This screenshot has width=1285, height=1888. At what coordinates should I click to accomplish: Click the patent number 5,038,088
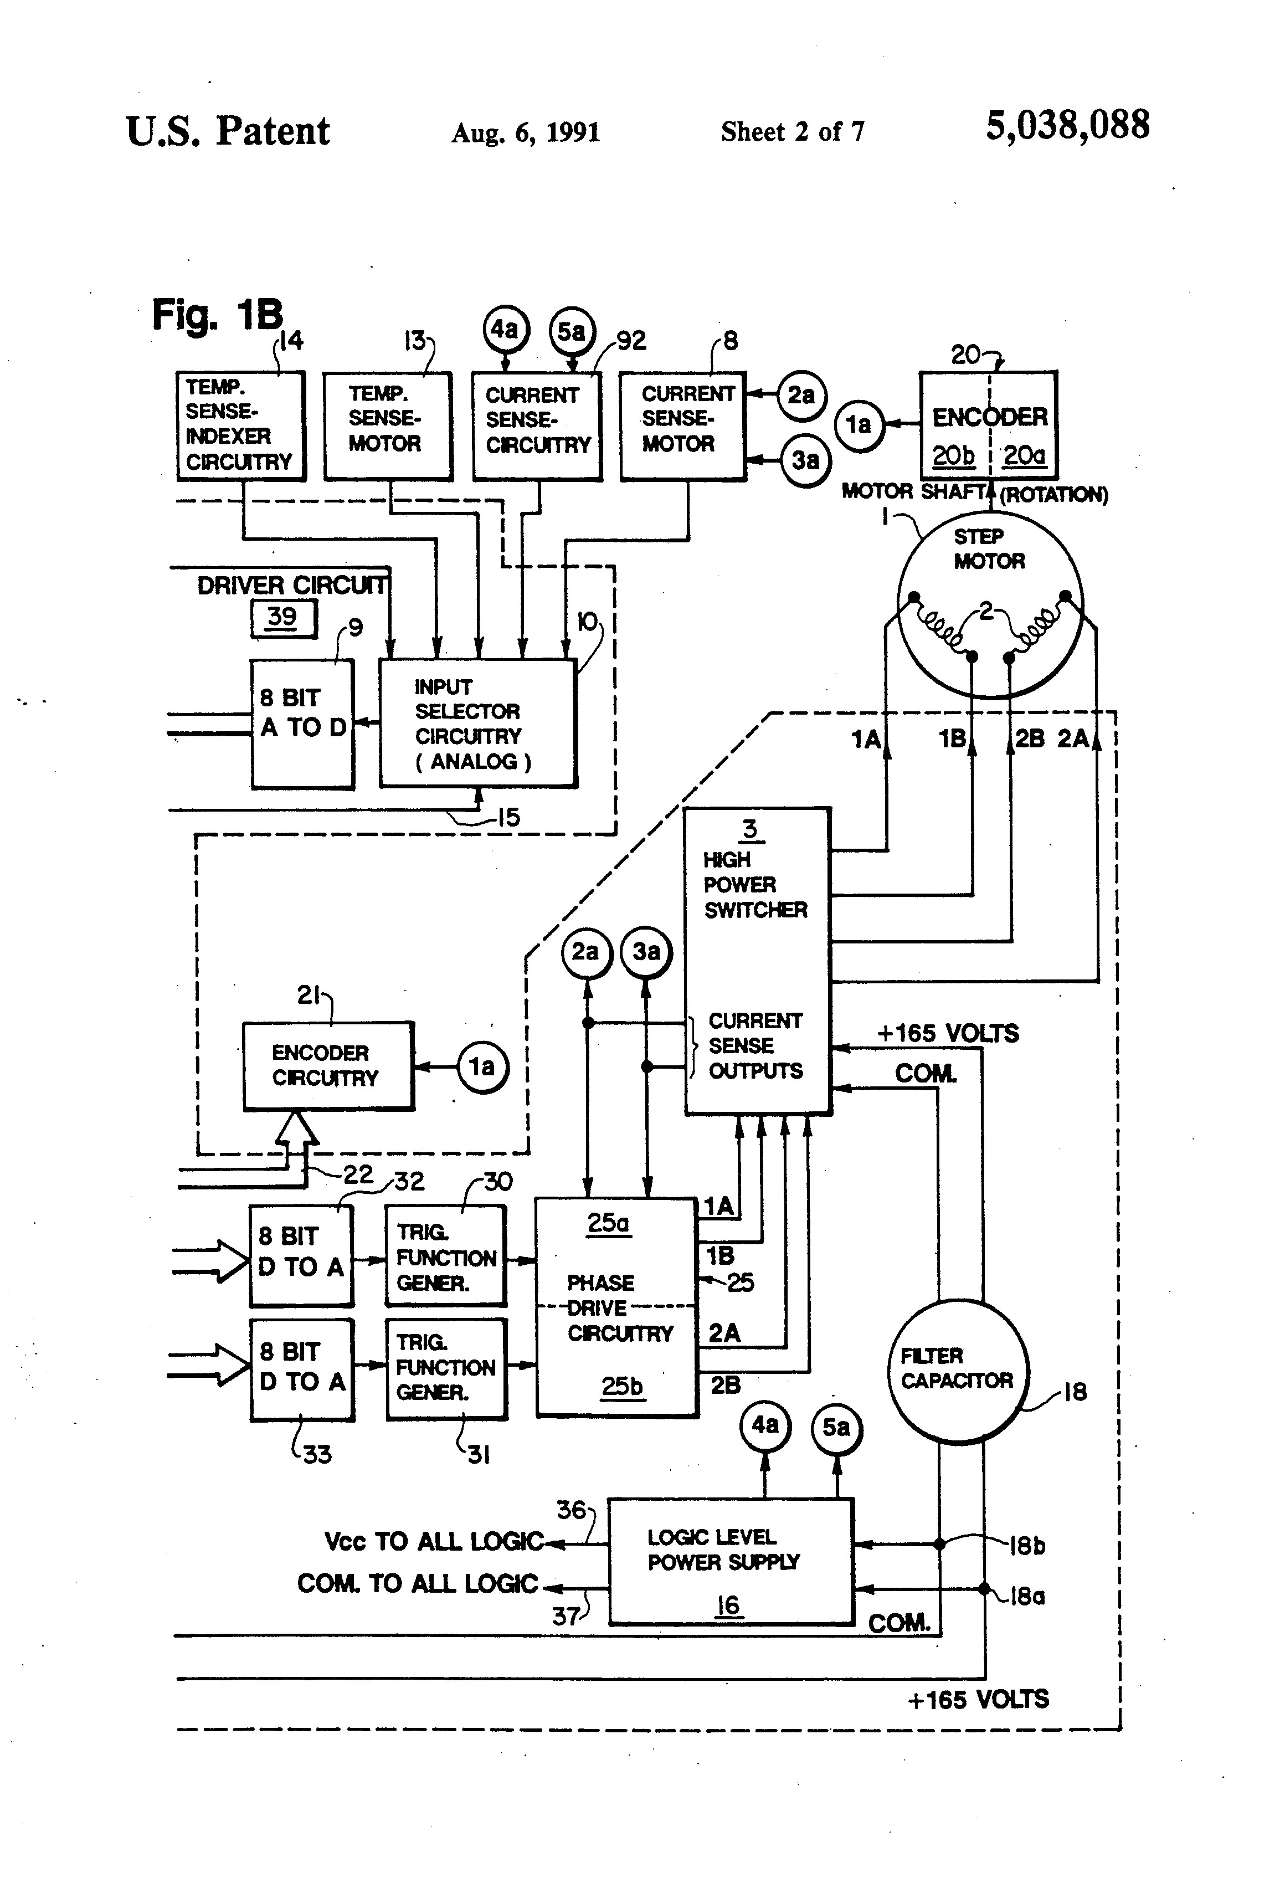point(1067,126)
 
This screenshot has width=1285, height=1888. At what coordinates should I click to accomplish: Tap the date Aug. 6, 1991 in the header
point(526,132)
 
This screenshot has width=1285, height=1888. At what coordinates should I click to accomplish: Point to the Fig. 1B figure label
point(217,315)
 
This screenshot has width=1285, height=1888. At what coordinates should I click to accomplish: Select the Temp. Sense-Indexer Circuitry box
point(240,425)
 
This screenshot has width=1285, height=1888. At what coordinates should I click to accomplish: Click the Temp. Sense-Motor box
point(388,425)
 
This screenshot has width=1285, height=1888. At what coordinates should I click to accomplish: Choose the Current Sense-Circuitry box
point(537,425)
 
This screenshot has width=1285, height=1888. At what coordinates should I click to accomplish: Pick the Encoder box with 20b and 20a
point(988,425)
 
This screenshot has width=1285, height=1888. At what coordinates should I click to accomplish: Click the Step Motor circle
point(989,604)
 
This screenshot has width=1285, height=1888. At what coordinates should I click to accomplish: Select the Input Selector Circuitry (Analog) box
point(477,723)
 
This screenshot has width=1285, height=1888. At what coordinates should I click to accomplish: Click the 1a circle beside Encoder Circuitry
point(482,1066)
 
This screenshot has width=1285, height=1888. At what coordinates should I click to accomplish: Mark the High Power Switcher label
point(754,885)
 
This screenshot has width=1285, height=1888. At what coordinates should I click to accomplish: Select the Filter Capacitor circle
point(958,1369)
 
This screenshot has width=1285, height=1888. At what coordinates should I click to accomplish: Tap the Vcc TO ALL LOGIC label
point(433,1541)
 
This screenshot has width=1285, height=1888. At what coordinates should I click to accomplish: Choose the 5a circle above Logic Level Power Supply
point(836,1428)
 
